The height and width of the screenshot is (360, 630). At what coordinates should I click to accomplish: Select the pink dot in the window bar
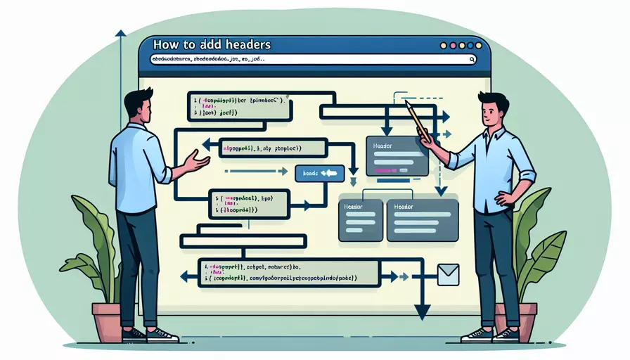tap(463, 45)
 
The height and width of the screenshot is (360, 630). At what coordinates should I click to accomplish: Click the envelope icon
tap(447, 274)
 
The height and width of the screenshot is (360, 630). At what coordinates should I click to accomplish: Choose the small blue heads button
tap(319, 173)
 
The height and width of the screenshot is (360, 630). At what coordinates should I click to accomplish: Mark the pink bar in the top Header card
tap(386, 170)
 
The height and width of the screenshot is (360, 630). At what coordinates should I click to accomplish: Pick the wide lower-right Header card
tap(422, 220)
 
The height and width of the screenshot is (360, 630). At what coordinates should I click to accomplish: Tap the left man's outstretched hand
tap(198, 164)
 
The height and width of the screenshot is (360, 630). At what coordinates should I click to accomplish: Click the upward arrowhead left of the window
tap(120, 33)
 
